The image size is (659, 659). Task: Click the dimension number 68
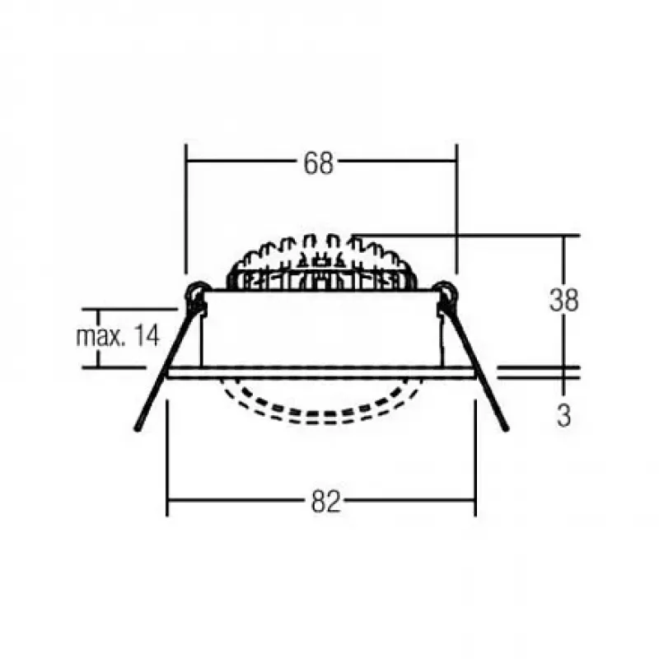319,163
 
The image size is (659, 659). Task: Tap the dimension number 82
325,502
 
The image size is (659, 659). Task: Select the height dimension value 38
563,300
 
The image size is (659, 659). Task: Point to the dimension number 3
563,415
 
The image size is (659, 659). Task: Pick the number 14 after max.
147,336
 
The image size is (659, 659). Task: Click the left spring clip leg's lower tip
137,429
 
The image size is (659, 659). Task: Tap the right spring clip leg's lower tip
506,429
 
